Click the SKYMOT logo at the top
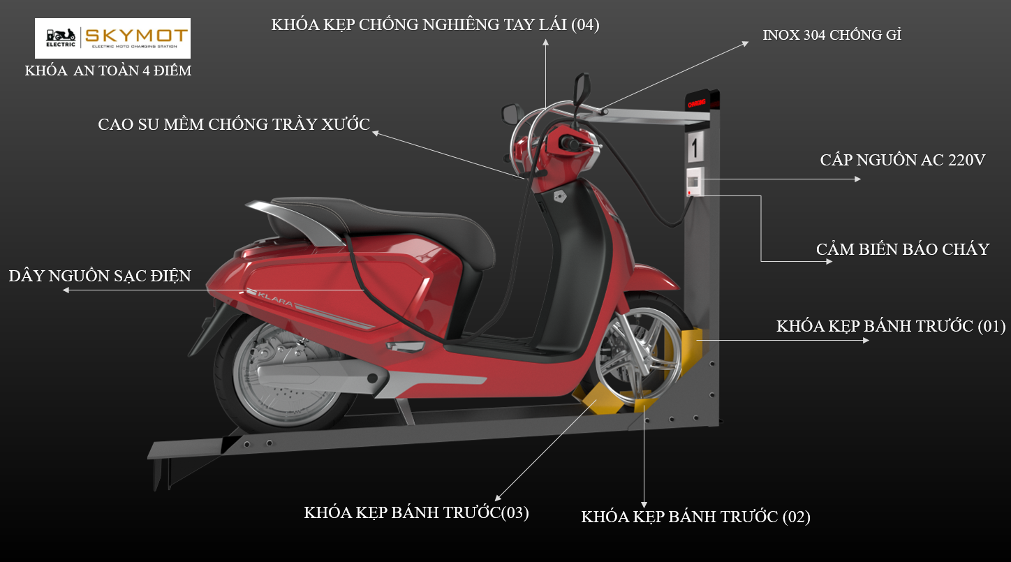click(x=112, y=38)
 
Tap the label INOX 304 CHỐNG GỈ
click(x=832, y=35)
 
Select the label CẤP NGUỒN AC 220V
click(x=902, y=160)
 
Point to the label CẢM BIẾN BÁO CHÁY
click(x=902, y=249)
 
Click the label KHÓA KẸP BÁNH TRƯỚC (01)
click(x=890, y=326)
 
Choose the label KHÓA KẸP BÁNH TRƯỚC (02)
click(x=695, y=517)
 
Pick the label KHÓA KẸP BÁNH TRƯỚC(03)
click(x=416, y=512)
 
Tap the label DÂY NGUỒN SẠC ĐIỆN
click(x=99, y=276)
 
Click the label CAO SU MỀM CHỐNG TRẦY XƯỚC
click(x=233, y=125)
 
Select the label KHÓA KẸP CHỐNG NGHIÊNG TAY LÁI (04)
click(x=435, y=25)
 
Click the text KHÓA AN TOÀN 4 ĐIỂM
click(x=108, y=71)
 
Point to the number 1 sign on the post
click(x=695, y=148)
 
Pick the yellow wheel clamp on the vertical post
click(x=695, y=346)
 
